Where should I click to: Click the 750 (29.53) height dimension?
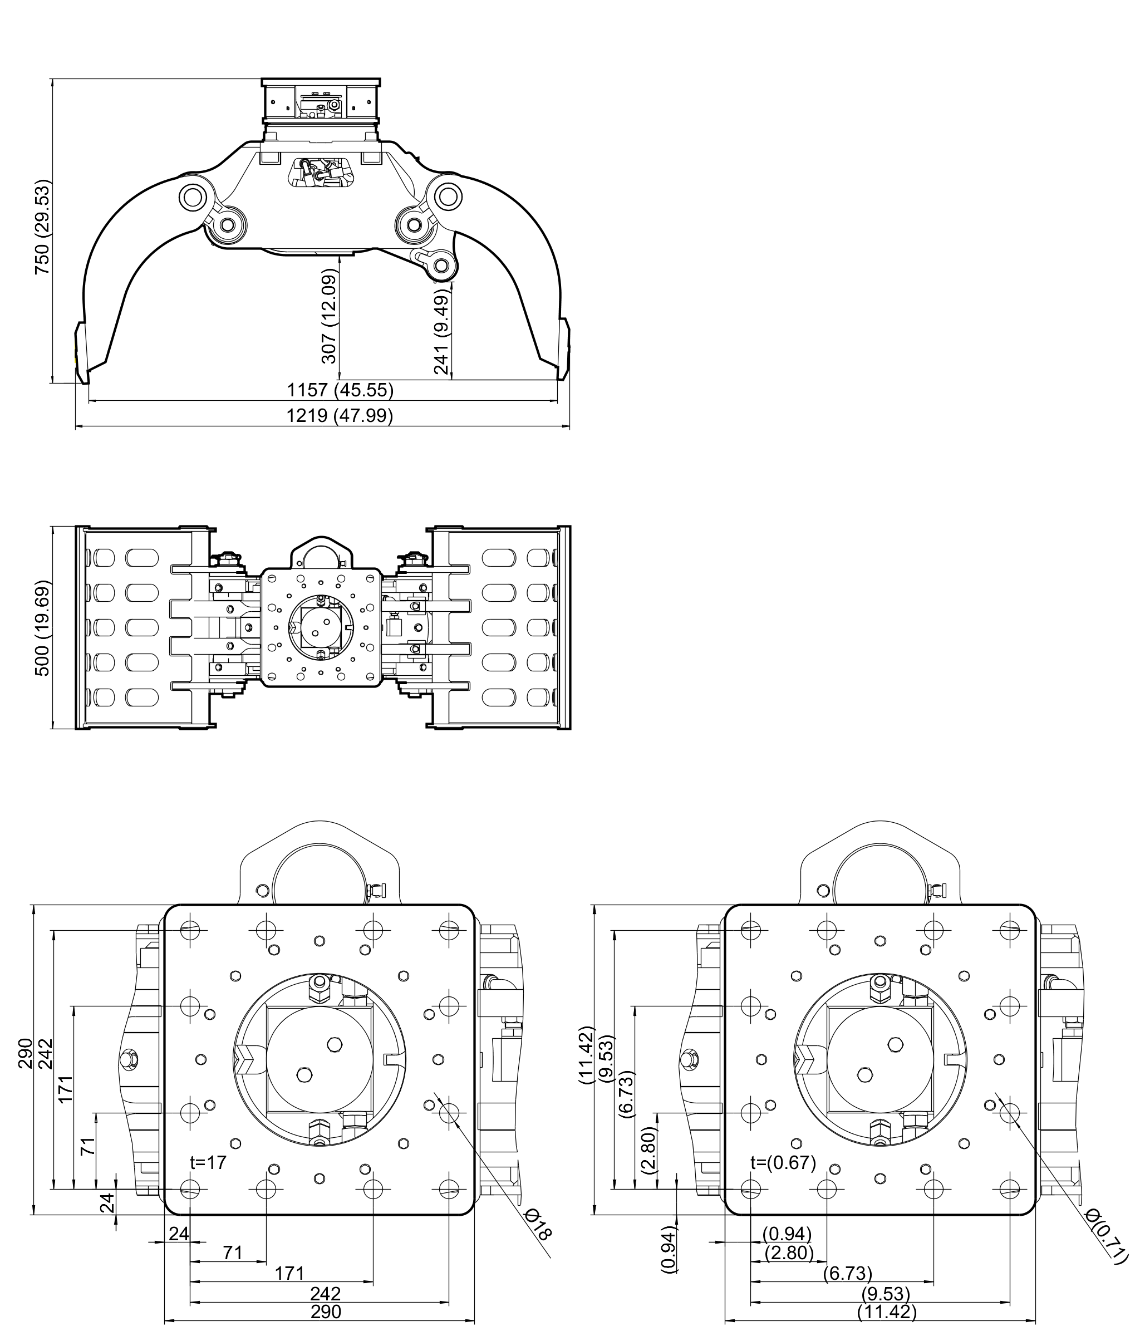(42, 226)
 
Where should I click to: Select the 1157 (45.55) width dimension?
(340, 390)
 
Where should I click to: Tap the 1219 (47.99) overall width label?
(340, 415)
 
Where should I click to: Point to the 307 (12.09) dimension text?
(330, 318)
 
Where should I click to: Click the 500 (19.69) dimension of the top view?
(42, 628)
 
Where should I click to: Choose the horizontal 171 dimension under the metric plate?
(289, 1273)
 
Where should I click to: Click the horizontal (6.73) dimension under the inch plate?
(847, 1273)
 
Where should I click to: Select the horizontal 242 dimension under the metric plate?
(325, 1294)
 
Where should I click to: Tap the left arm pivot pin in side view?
(193, 197)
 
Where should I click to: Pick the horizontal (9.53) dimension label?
(886, 1294)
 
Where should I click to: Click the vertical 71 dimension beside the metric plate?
(88, 1146)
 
